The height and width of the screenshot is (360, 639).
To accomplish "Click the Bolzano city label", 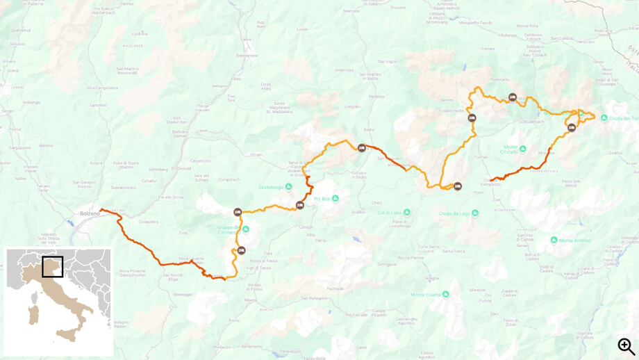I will click(89, 213).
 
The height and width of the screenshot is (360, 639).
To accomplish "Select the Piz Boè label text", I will click(322, 199).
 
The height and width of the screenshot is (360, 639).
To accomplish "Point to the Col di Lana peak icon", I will click(407, 213).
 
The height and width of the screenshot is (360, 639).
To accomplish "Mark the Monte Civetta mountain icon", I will click(445, 294).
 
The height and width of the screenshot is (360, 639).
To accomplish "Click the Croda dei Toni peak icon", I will click(604, 118).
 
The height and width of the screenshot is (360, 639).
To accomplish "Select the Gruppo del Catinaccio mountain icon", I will click(245, 229).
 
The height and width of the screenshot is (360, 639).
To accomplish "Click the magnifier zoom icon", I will click(626, 345).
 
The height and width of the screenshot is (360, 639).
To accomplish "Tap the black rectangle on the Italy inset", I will click(53, 267).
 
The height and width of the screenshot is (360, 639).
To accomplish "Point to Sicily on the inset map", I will click(67, 336).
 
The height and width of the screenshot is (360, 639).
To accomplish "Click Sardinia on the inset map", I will click(33, 315).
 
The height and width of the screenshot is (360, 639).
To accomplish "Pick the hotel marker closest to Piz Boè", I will click(300, 205).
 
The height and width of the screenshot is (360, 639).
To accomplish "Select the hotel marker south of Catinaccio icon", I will click(241, 250).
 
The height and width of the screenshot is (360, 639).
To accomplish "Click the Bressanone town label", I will click(247, 55).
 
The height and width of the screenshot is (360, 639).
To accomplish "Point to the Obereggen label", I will click(183, 294).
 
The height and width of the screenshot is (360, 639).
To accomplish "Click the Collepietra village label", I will click(148, 222).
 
